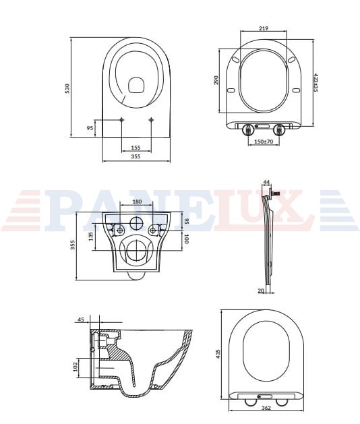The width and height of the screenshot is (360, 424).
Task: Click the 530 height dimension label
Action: click(67, 89)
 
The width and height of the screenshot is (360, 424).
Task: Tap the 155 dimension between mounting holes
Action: click(136, 148)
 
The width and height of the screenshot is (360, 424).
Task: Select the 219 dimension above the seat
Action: click(264, 28)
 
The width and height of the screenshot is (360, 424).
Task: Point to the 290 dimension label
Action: click(216, 80)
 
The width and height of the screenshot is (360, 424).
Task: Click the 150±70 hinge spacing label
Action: click(264, 141)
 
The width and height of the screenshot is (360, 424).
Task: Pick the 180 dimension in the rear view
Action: click(137, 202)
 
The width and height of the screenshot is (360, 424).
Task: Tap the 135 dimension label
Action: click(91, 237)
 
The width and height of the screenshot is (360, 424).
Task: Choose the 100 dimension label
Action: click(186, 239)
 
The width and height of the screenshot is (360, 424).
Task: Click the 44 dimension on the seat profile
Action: click(267, 183)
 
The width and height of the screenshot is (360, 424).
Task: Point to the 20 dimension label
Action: click(261, 291)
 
